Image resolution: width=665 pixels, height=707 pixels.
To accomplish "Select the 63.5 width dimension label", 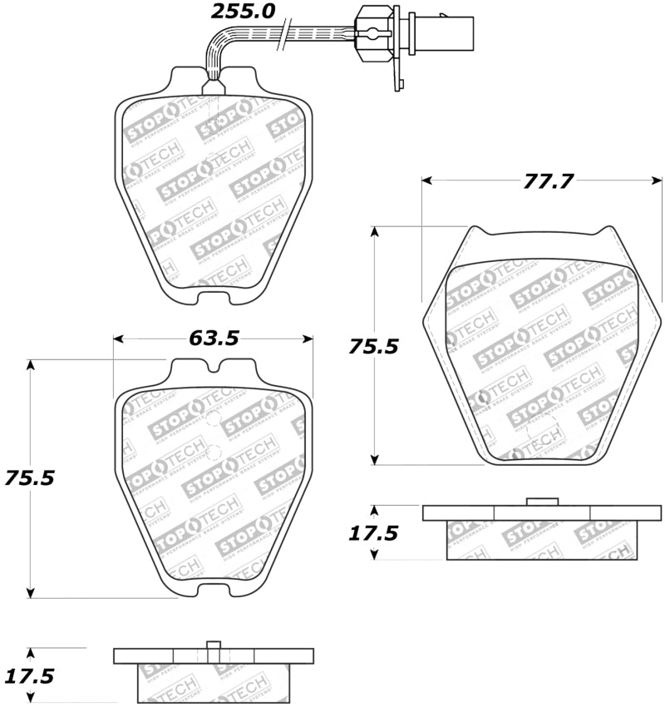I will [x=214, y=338].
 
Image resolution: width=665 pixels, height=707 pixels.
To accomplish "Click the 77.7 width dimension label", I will [x=548, y=180].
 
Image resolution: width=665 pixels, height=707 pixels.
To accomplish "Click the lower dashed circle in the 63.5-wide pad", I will [x=214, y=454].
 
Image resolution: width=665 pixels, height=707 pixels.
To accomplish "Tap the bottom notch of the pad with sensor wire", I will [x=214, y=292].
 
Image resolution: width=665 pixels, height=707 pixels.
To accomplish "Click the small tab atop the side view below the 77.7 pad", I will [x=541, y=501].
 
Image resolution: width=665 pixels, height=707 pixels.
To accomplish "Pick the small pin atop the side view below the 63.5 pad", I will [x=214, y=645].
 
